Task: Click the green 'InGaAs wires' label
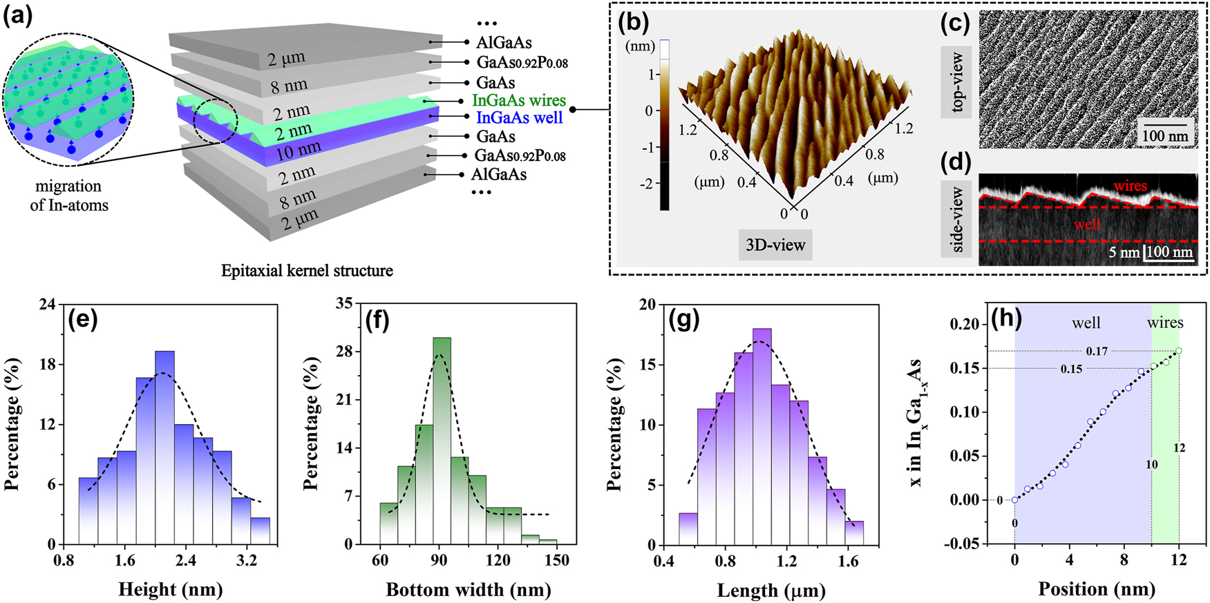click(518, 101)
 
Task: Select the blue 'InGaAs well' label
click(519, 118)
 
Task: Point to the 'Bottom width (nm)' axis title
click(468, 589)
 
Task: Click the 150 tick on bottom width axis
click(557, 560)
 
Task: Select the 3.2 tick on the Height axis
click(247, 560)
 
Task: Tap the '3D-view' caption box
click(775, 245)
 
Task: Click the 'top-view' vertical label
click(956, 82)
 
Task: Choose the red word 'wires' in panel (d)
click(1130, 186)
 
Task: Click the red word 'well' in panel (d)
click(1087, 224)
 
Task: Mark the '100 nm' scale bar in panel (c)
click(1164, 135)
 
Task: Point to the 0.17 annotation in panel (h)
click(1097, 352)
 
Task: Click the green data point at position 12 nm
click(1179, 351)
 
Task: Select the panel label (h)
click(1008, 318)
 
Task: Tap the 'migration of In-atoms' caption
click(69, 195)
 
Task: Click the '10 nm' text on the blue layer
click(299, 151)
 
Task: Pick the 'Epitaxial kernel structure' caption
click(307, 271)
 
